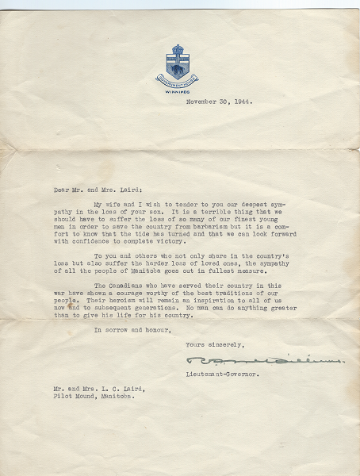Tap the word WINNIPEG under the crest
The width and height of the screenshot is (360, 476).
pyautogui.click(x=177, y=92)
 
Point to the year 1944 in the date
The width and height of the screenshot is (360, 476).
pyautogui.click(x=238, y=102)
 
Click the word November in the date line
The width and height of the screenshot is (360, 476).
pyautogui.click(x=201, y=102)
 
